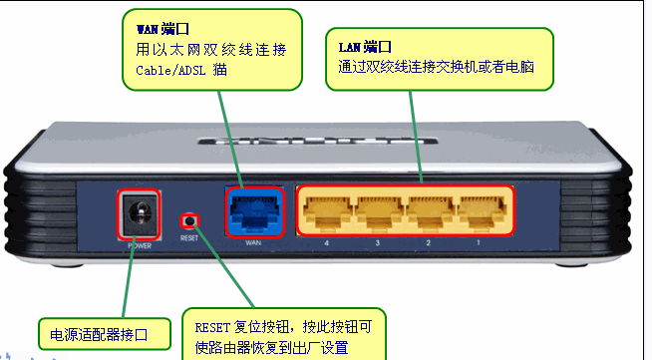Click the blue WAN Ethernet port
254,210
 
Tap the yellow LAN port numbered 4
325,210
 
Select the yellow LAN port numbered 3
377,210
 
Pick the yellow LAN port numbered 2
429,210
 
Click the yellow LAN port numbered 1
481,210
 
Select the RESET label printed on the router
189,239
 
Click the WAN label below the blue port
255,243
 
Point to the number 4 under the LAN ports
325,243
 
